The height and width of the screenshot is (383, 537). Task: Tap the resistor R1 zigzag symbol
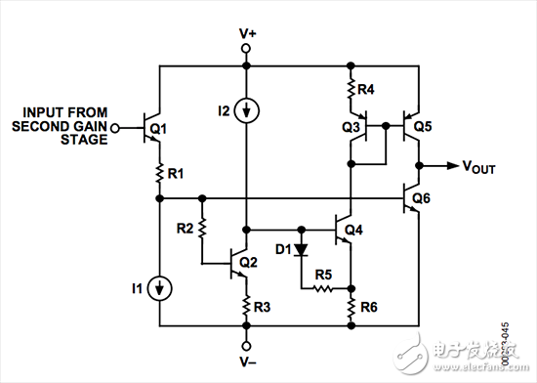pyautogui.click(x=157, y=174)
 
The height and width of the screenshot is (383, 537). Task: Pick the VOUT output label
pyautogui.click(x=477, y=167)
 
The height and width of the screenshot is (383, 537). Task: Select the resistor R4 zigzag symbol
pyautogui.click(x=351, y=92)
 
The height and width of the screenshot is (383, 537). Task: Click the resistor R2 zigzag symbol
pyautogui.click(x=201, y=230)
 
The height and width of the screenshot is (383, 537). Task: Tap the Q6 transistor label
pyautogui.click(x=422, y=197)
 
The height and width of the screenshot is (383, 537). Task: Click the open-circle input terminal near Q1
pyautogui.click(x=115, y=127)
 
